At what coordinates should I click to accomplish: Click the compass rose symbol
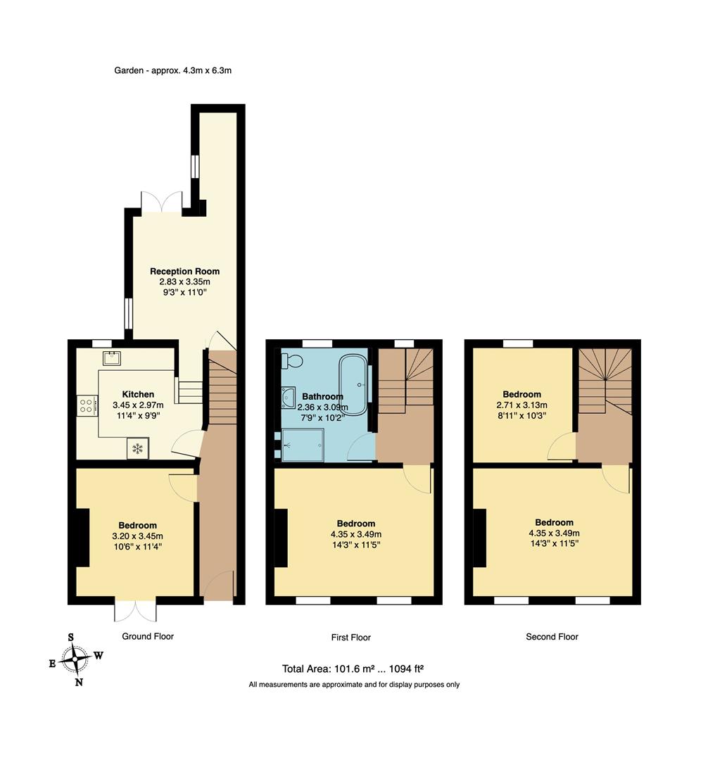tap(76, 659)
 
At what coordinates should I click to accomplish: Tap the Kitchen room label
tap(138, 394)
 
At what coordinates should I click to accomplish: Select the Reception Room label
tap(184, 271)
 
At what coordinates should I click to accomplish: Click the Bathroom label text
tap(322, 396)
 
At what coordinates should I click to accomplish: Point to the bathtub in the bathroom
tap(353, 384)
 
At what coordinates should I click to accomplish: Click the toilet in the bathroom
tap(293, 360)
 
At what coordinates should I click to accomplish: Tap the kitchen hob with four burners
tap(87, 406)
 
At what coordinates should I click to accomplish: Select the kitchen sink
tap(112, 358)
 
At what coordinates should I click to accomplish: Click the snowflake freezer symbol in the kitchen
tap(138, 448)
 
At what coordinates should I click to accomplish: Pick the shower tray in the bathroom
tap(303, 445)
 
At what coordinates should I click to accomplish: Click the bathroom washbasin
tap(289, 398)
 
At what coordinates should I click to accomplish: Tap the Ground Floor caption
tap(148, 636)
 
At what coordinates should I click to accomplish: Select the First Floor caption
tap(351, 638)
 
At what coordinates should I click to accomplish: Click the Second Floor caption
tap(552, 637)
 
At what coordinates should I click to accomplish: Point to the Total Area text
tap(353, 669)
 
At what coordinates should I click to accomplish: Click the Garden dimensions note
tap(173, 70)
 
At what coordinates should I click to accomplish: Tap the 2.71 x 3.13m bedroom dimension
tap(522, 405)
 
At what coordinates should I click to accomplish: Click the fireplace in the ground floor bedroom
tap(82, 538)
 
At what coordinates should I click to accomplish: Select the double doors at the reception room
tap(162, 202)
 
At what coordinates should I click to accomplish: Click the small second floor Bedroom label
tap(522, 394)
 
